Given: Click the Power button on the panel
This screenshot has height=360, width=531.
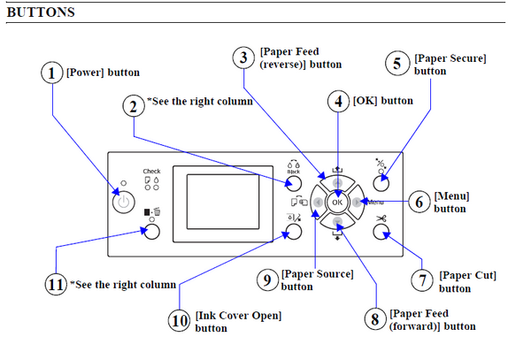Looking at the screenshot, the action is (124, 203).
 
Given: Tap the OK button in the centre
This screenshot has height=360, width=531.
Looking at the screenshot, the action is (337, 203).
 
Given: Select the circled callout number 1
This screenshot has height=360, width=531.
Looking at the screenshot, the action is (52, 73).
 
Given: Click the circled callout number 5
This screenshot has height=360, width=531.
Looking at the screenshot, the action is (397, 64).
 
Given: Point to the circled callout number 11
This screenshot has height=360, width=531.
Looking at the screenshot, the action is (56, 284).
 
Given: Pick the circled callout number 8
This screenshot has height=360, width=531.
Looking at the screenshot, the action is (375, 318).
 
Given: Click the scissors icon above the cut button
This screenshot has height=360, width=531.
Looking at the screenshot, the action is (381, 218).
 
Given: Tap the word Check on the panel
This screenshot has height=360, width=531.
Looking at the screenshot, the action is (151, 172).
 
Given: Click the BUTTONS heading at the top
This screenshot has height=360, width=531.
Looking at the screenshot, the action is (41, 12).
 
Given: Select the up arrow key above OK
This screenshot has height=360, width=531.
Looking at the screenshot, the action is (337, 183).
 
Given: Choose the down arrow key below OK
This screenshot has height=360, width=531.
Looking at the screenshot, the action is (337, 222).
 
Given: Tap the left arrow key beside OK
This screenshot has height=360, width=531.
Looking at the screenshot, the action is (318, 203).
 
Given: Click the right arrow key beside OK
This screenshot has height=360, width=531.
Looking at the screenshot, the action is (357, 203).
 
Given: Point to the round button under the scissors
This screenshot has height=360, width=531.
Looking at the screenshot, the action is (381, 232).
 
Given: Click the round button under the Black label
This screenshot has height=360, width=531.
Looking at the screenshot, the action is (293, 184).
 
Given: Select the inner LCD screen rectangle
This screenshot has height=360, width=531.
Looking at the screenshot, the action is (223, 202).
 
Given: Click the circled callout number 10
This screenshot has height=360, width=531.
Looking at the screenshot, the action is (179, 320).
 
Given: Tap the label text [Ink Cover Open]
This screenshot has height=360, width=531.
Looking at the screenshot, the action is (238, 316).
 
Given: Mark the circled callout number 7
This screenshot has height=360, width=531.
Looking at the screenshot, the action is (422, 280).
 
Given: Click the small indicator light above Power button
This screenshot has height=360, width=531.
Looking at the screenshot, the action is (124, 183).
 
